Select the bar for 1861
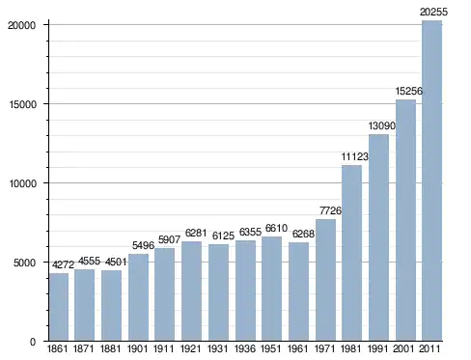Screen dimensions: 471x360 [59, 307]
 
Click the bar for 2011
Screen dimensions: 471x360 [432, 180]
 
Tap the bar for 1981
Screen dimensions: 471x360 [351, 253]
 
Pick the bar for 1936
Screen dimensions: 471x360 [245, 291]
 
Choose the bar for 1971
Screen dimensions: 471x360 [325, 280]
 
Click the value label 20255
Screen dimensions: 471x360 [433, 12]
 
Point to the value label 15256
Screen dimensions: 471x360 [408, 91]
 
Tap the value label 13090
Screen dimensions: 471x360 [381, 125]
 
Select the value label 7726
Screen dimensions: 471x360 [330, 210]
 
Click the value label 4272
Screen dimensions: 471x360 [63, 264]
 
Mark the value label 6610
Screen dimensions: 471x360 [276, 228]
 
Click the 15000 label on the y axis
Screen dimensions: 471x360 [21, 104]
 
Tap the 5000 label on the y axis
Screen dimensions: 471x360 [24, 263]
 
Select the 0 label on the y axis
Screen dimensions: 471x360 [33, 342]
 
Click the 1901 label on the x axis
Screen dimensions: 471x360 [137, 348]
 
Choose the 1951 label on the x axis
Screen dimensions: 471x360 [271, 348]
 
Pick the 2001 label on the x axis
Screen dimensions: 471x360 [403, 348]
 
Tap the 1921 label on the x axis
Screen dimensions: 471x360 [191, 348]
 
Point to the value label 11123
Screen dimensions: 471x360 [354, 156]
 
